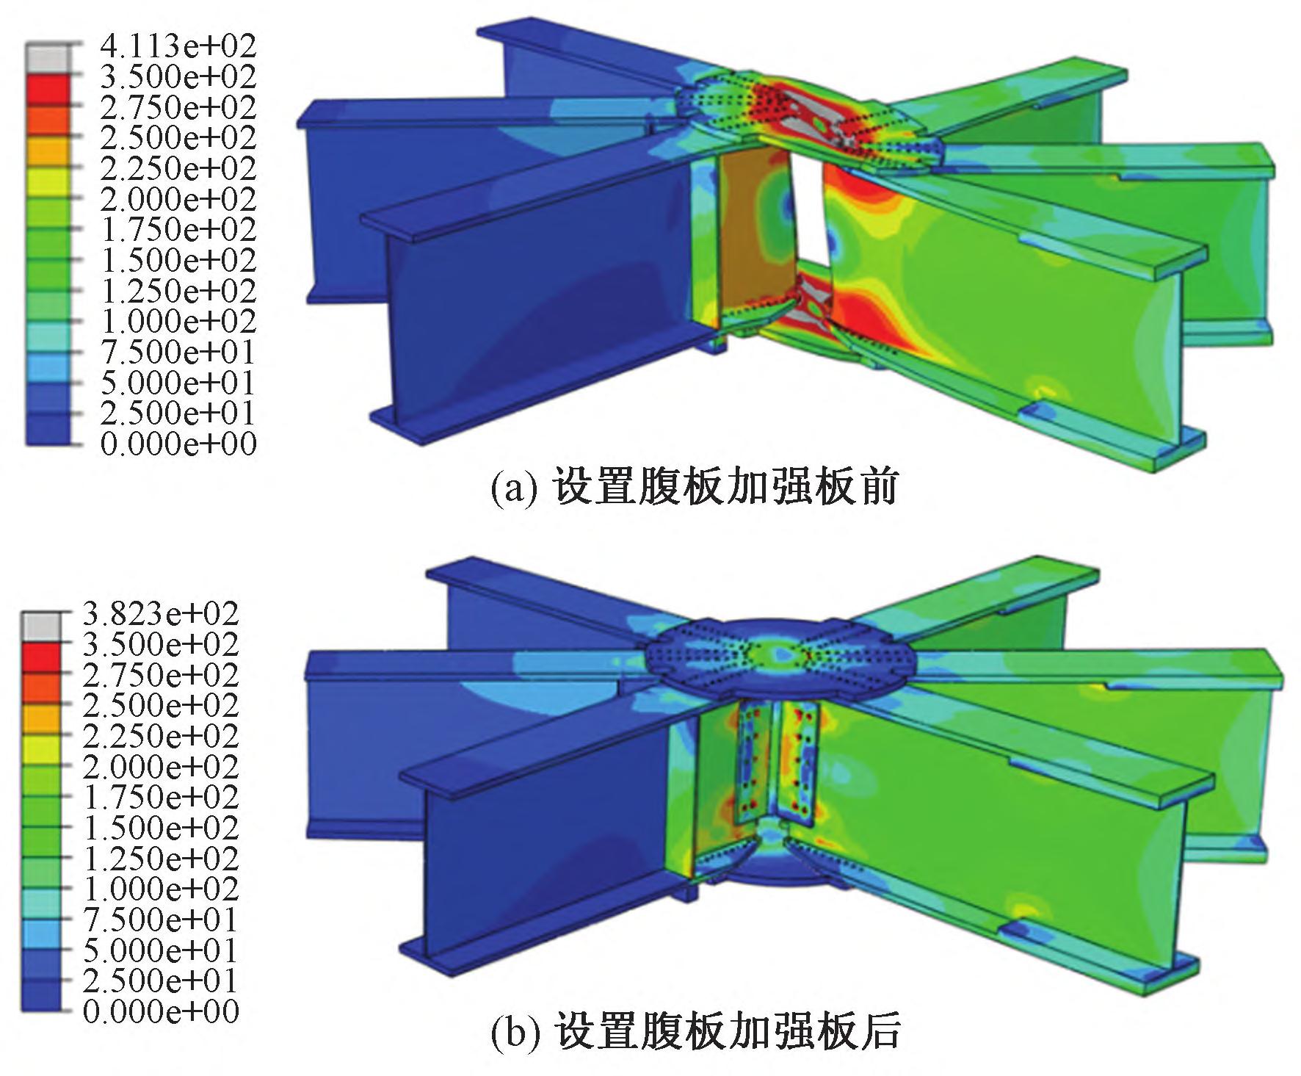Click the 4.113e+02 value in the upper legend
click(178, 46)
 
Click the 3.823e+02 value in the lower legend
click(161, 613)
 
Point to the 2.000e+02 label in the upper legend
click(178, 199)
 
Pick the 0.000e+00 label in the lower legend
click(161, 1011)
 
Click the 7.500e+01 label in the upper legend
click(178, 353)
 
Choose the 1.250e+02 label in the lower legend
click(161, 859)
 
